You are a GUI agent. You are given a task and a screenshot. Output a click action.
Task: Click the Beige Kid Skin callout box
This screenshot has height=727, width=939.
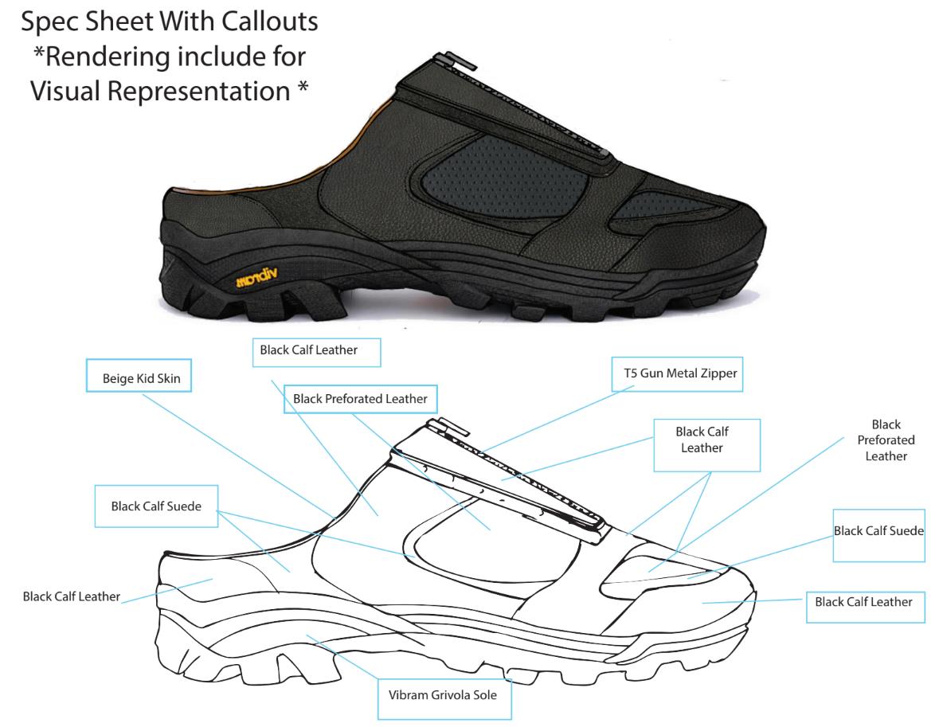pos(139,376)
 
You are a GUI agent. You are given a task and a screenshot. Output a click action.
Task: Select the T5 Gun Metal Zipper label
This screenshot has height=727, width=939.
pos(680,373)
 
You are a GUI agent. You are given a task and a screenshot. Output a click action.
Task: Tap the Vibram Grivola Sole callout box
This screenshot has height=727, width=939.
pos(444,698)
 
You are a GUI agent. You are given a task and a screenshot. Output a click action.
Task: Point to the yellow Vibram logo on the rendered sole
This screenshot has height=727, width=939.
pos(257,277)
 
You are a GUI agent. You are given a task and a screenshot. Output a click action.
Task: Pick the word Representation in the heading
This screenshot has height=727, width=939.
pos(199,92)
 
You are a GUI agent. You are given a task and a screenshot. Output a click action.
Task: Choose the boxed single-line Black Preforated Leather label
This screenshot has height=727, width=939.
pos(361,399)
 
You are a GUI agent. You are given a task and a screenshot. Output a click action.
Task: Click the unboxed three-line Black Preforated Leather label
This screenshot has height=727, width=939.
pos(886,440)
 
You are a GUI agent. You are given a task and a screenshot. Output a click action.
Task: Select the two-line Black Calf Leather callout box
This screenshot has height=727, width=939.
pos(706,445)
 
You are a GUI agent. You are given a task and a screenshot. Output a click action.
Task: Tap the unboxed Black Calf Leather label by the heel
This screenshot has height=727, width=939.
pos(71,596)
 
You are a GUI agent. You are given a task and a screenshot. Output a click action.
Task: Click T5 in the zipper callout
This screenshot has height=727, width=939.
pos(631,373)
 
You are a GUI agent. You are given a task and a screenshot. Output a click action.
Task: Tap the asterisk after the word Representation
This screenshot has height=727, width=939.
pos(303,87)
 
